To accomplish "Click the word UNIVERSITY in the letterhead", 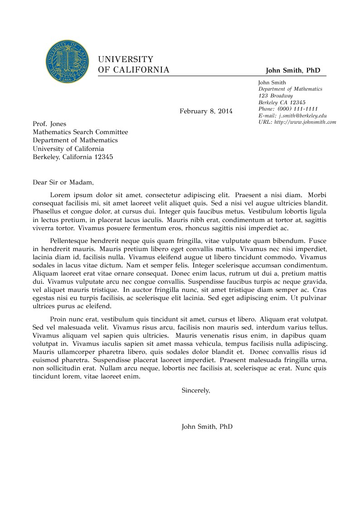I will click(126, 59).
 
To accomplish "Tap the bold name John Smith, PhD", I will click(293, 70).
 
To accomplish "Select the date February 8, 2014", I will click(206, 111).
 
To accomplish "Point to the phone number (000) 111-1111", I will click(297, 109).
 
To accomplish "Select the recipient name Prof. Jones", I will click(49, 124).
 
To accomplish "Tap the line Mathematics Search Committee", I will click(80, 132).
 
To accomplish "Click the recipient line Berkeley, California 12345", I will click(73, 157).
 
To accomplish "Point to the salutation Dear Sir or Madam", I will click(63, 183).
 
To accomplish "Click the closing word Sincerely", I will click(195, 390).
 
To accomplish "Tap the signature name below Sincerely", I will click(207, 427).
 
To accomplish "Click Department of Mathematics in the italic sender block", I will click(290, 89).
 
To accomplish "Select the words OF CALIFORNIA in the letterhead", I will click(134, 70).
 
